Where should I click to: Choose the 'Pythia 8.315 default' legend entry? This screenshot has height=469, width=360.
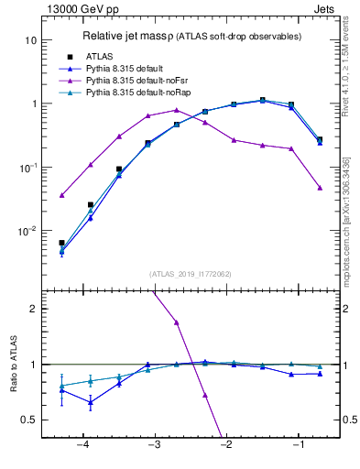(x=128, y=69)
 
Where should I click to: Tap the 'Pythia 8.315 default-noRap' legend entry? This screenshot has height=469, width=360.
(x=138, y=93)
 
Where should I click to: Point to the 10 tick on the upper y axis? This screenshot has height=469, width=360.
(x=30, y=40)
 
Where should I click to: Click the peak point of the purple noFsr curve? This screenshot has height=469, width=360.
(x=177, y=110)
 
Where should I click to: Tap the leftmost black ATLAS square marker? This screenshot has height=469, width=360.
(x=61, y=243)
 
